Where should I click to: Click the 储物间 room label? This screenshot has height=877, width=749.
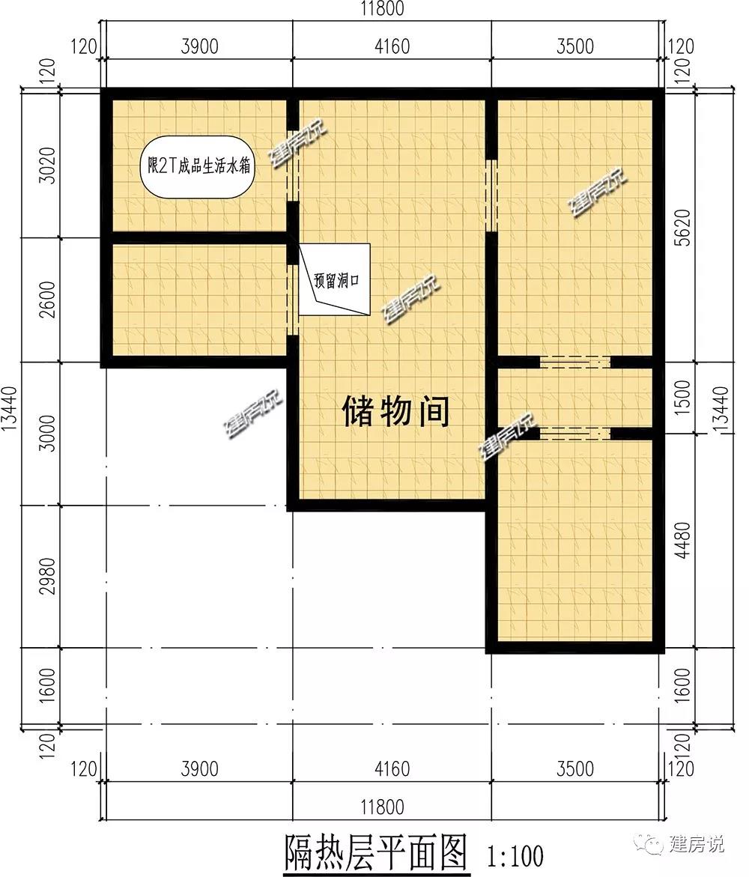[x=396, y=411]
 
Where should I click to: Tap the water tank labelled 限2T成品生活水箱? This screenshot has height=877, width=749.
[x=198, y=167]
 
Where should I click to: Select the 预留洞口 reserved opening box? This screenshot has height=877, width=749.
[x=335, y=279]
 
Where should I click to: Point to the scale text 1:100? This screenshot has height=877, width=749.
[x=516, y=856]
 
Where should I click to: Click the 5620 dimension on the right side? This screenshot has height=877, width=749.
[x=683, y=228]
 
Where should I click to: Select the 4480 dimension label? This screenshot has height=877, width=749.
[x=683, y=541]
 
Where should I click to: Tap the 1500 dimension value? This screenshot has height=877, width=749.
[x=683, y=398]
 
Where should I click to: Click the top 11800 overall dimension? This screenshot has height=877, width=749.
[x=382, y=9]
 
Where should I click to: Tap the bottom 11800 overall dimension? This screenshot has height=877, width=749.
[x=382, y=807]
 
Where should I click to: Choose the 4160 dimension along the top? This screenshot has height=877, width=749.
[x=392, y=46]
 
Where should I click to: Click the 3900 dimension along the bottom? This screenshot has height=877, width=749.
[x=200, y=768]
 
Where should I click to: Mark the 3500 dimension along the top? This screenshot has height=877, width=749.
[x=575, y=46]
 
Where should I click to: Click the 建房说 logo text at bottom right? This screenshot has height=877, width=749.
[x=696, y=844]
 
